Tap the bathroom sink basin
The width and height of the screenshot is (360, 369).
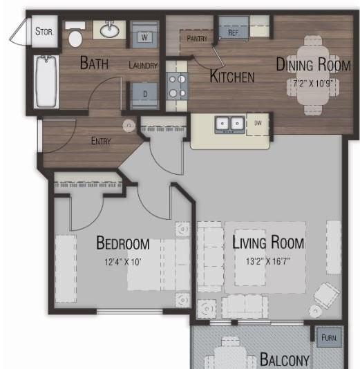(109, 30)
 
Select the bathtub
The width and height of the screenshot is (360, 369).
(46, 82)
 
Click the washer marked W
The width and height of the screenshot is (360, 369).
(144, 35)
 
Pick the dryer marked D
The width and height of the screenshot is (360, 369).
(144, 95)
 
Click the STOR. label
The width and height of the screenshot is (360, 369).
(44, 31)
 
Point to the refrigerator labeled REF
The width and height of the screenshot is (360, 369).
(234, 28)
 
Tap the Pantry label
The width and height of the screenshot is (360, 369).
(197, 39)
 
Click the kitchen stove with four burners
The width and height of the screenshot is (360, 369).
(177, 86)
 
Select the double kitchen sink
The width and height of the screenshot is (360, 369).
(230, 125)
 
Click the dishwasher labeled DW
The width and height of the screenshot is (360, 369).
(258, 124)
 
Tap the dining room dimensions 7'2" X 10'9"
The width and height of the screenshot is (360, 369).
(313, 84)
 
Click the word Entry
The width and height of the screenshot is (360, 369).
(101, 141)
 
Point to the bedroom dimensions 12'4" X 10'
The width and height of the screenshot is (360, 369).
(123, 262)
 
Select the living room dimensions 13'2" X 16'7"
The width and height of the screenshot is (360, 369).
(268, 261)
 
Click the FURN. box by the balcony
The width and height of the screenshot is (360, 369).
(329, 338)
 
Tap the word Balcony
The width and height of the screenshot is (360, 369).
(285, 359)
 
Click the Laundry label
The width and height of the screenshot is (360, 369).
(143, 65)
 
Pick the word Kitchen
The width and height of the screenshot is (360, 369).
(232, 76)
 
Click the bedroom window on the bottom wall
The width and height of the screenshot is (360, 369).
(130, 312)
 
